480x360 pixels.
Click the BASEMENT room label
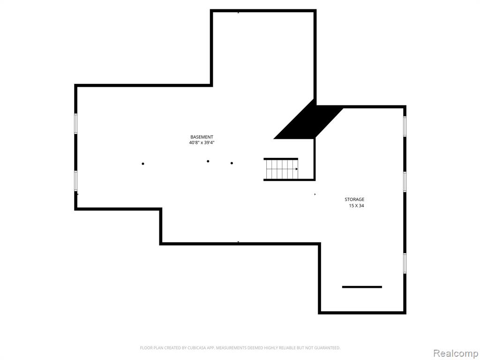click(202, 137)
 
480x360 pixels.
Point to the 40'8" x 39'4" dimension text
click(202, 142)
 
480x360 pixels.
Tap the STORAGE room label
click(354, 200)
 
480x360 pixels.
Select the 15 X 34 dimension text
click(356, 206)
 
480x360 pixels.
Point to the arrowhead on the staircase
click(297, 169)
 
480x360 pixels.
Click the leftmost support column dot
click(143, 164)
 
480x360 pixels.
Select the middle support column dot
click(208, 161)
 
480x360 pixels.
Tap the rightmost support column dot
click(232, 163)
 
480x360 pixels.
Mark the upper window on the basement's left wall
click(76, 124)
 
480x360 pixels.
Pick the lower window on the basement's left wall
click(76, 181)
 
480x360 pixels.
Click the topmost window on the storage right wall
click(405, 127)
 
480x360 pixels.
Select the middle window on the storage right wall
click(405, 182)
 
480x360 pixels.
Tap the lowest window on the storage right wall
click(405, 263)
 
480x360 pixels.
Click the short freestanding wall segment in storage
click(362, 287)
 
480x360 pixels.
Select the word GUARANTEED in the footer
click(329, 348)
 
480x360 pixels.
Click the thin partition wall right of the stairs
click(315, 159)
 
